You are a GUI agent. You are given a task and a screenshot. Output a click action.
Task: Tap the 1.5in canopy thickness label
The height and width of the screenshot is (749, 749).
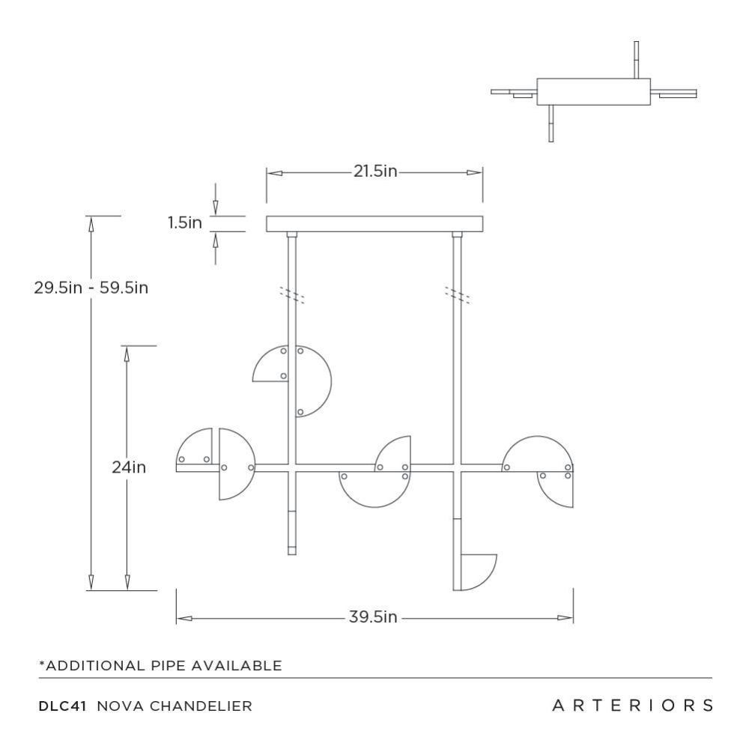pyautogui.click(x=185, y=223)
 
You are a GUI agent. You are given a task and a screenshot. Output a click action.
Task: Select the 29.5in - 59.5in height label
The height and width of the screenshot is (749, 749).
pyautogui.click(x=91, y=287)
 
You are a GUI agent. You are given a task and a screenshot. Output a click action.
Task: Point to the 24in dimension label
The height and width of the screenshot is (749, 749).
pyautogui.click(x=128, y=467)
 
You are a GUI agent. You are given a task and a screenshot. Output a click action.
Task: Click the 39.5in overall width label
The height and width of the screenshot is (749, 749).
pyautogui.click(x=372, y=617)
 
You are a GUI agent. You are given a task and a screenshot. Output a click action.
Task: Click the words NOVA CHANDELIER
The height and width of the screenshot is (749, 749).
pyautogui.click(x=174, y=705)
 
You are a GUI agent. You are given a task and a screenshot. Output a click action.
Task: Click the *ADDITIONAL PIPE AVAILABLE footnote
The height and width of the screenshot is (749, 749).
pyautogui.click(x=161, y=665)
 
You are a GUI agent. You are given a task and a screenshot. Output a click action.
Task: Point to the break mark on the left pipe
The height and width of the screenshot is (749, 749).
pyautogui.click(x=292, y=294)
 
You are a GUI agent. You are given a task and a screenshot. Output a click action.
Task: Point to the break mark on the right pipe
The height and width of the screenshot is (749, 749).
pyautogui.click(x=457, y=294)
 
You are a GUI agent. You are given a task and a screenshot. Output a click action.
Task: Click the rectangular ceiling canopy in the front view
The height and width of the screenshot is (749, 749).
pyautogui.click(x=374, y=224)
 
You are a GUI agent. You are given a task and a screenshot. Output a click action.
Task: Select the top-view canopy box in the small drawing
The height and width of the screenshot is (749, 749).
pyautogui.click(x=592, y=91)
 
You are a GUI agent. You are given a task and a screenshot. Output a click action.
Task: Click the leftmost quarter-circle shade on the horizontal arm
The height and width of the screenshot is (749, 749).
pyautogui.click(x=194, y=449)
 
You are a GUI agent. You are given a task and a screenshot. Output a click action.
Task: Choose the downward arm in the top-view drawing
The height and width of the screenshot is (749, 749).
pyautogui.click(x=551, y=123)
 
